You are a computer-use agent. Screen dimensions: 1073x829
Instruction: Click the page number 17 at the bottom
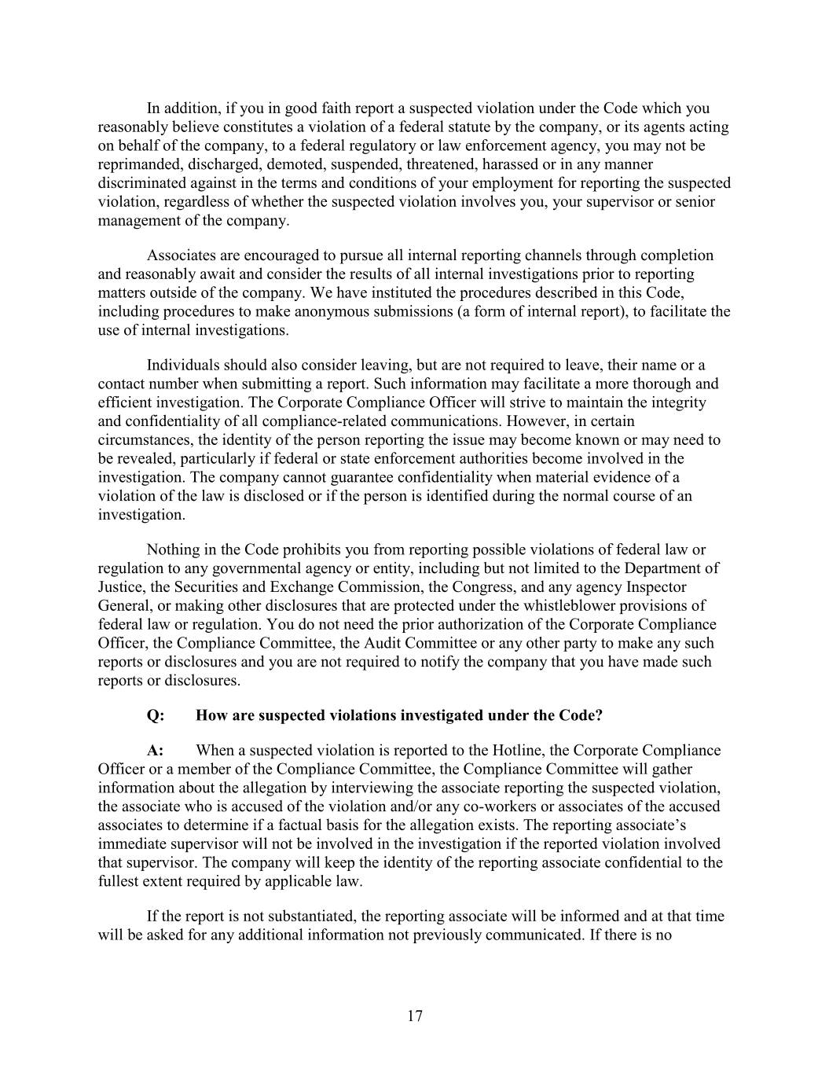415,1016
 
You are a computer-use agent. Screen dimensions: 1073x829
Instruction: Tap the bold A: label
156,750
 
